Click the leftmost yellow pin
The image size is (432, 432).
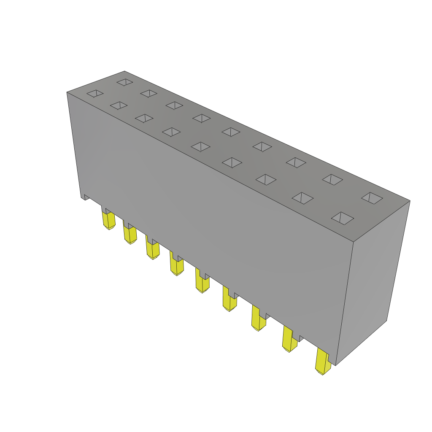(x=109, y=220)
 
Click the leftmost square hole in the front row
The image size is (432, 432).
(x=95, y=93)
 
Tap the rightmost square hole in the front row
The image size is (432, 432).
(x=343, y=218)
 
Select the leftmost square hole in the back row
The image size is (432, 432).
(x=125, y=82)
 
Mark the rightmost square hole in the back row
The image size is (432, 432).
(x=372, y=198)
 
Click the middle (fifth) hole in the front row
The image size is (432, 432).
(x=201, y=146)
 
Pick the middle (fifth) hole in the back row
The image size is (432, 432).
(x=231, y=132)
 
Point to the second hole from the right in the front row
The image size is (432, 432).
(x=302, y=198)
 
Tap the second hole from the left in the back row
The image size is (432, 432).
(x=149, y=93)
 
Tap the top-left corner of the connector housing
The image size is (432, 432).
(x=67, y=92)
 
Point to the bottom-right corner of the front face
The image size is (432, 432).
(x=335, y=365)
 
